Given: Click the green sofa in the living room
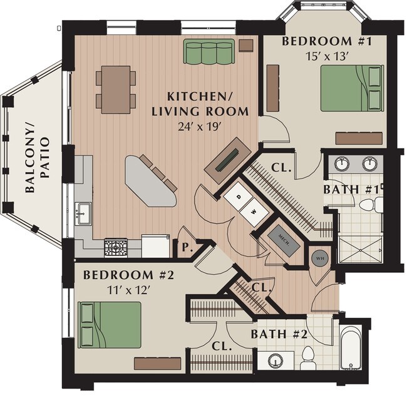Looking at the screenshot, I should pyautogui.click(x=209, y=51).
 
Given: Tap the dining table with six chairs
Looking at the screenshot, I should pyautogui.click(x=116, y=89).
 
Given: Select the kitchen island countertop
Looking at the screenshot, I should pyautogui.click(x=150, y=181).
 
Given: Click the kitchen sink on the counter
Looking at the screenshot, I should pyautogui.click(x=83, y=211).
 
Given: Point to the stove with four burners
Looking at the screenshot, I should pyautogui.click(x=115, y=248).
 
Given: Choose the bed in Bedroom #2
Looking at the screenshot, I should pyautogui.click(x=110, y=324).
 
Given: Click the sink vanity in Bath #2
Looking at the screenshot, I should pyautogui.click(x=275, y=360).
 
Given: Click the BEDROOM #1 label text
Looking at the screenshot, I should pyautogui.click(x=319, y=42).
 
